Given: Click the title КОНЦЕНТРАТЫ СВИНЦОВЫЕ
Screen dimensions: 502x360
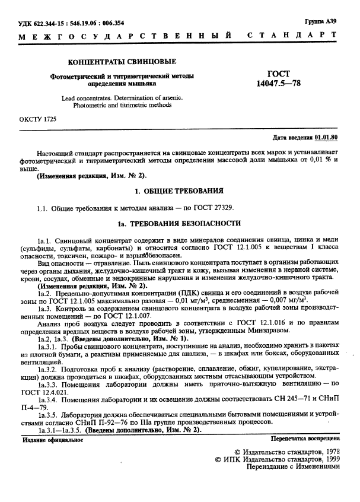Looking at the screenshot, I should coord(123,62).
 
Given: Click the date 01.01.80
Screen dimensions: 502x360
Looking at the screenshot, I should coord(326,138).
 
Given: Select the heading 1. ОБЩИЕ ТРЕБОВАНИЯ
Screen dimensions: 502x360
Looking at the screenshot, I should coord(179,191).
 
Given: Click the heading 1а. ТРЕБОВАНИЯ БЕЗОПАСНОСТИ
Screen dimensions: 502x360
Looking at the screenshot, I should coord(179,224).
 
